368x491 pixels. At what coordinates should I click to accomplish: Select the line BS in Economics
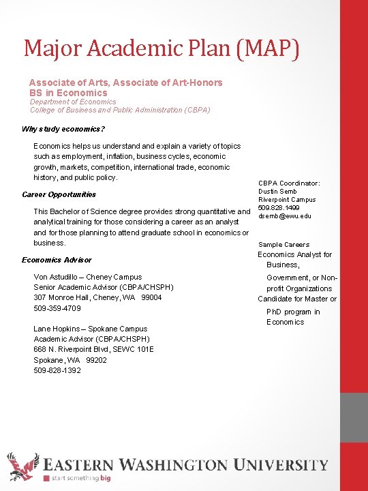(x=68, y=93)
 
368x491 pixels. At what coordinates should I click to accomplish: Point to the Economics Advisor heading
(x=57, y=260)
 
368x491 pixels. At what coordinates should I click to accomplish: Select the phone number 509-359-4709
(x=57, y=308)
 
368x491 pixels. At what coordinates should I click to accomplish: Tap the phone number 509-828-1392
(x=57, y=370)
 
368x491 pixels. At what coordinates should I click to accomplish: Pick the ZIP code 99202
(x=96, y=360)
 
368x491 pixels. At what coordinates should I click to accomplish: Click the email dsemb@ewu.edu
(x=285, y=216)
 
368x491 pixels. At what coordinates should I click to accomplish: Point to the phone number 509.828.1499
(x=278, y=208)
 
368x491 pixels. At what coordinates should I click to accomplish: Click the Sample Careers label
(x=283, y=245)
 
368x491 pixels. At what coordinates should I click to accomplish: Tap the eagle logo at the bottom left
(x=21, y=468)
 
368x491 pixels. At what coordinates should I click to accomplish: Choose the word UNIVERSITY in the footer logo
(x=280, y=466)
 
